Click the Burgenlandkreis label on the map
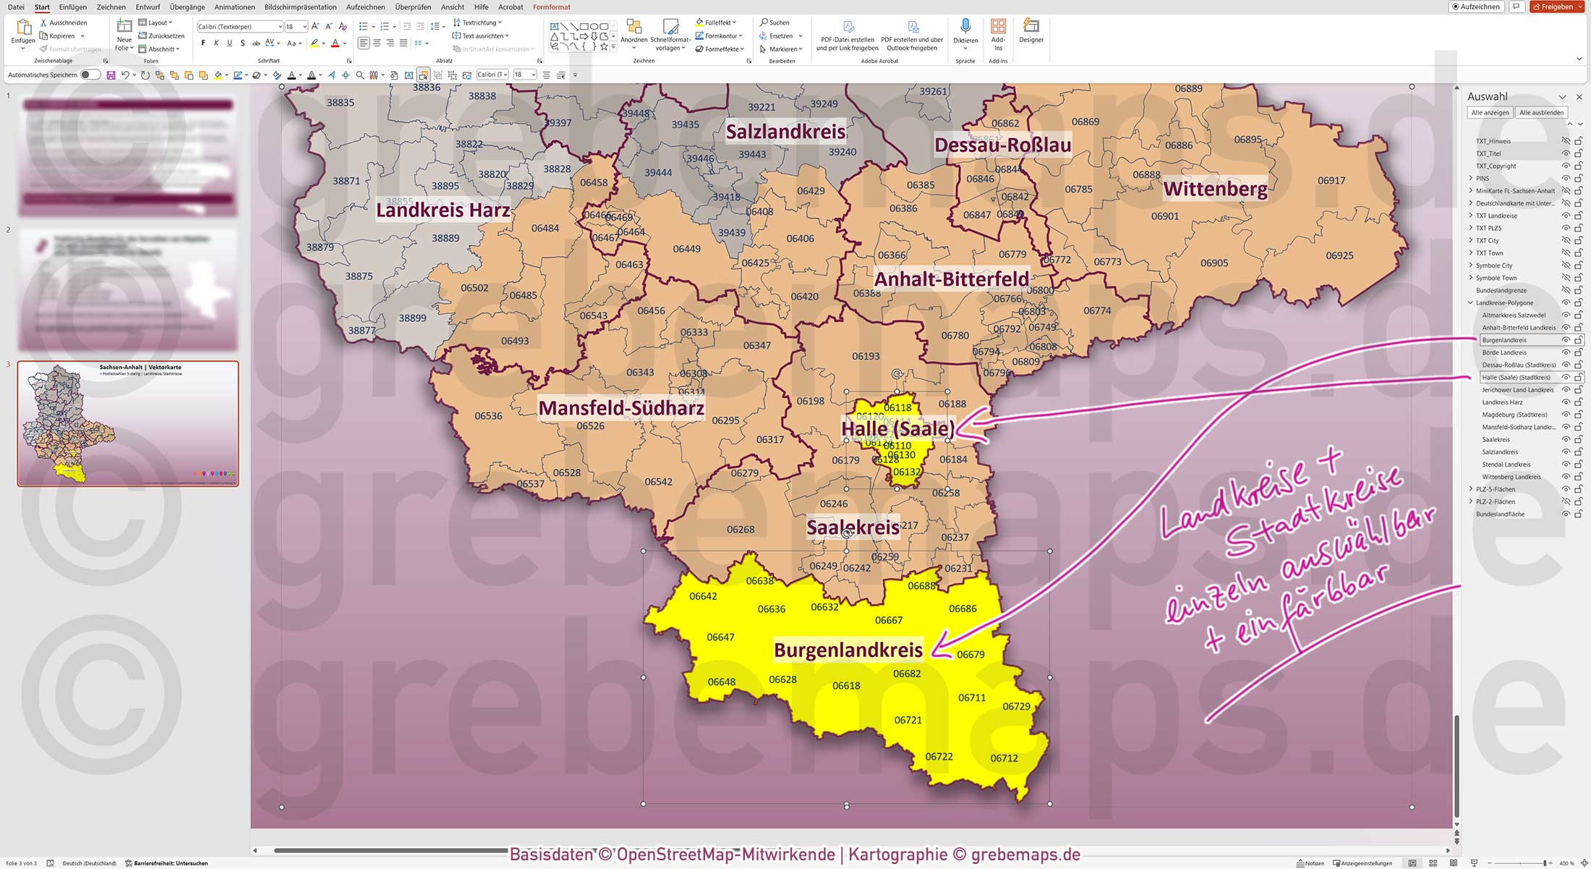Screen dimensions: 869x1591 848,650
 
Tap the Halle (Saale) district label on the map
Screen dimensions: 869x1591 897,428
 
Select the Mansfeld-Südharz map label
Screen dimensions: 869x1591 621,408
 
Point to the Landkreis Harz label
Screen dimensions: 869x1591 443,211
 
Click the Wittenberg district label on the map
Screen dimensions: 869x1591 1215,190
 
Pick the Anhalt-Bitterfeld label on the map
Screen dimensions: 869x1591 951,279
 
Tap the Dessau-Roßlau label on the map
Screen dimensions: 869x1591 1002,145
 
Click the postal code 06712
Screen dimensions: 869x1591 1004,758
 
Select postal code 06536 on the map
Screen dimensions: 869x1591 488,416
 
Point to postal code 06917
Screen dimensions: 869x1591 1331,181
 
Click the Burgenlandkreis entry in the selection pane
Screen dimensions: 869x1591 1504,340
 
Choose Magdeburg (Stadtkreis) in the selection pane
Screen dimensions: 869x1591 1514,415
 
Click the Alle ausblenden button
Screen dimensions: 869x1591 1541,112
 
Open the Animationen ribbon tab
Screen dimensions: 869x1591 234,7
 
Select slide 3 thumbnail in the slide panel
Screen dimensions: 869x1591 128,423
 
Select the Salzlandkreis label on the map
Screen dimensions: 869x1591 785,132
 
